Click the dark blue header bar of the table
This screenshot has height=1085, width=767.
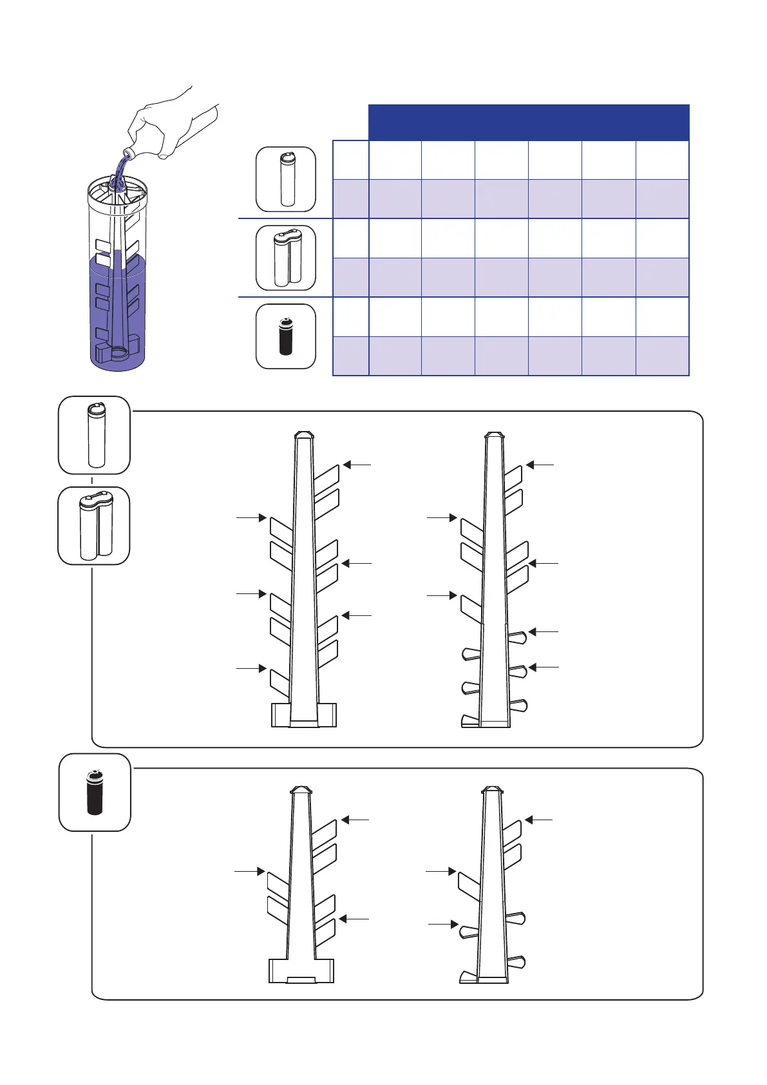coord(528,122)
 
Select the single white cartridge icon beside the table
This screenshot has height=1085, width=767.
coord(286,179)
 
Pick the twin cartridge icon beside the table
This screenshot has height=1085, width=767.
coord(286,258)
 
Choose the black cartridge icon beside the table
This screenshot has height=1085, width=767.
coord(286,336)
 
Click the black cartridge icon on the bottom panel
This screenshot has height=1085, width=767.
coord(95,792)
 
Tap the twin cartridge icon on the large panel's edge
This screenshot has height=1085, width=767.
coord(94,526)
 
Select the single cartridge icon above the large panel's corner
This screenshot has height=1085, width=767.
coord(95,435)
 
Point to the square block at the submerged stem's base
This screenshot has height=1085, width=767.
coord(104,353)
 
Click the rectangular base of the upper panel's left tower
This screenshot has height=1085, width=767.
coord(304,715)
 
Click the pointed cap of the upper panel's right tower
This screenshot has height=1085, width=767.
coord(494,435)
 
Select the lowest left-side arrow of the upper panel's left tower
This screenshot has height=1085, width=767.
coord(251,668)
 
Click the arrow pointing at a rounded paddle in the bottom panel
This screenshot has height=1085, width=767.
coord(443,925)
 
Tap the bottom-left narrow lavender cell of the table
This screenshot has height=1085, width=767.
coord(350,356)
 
